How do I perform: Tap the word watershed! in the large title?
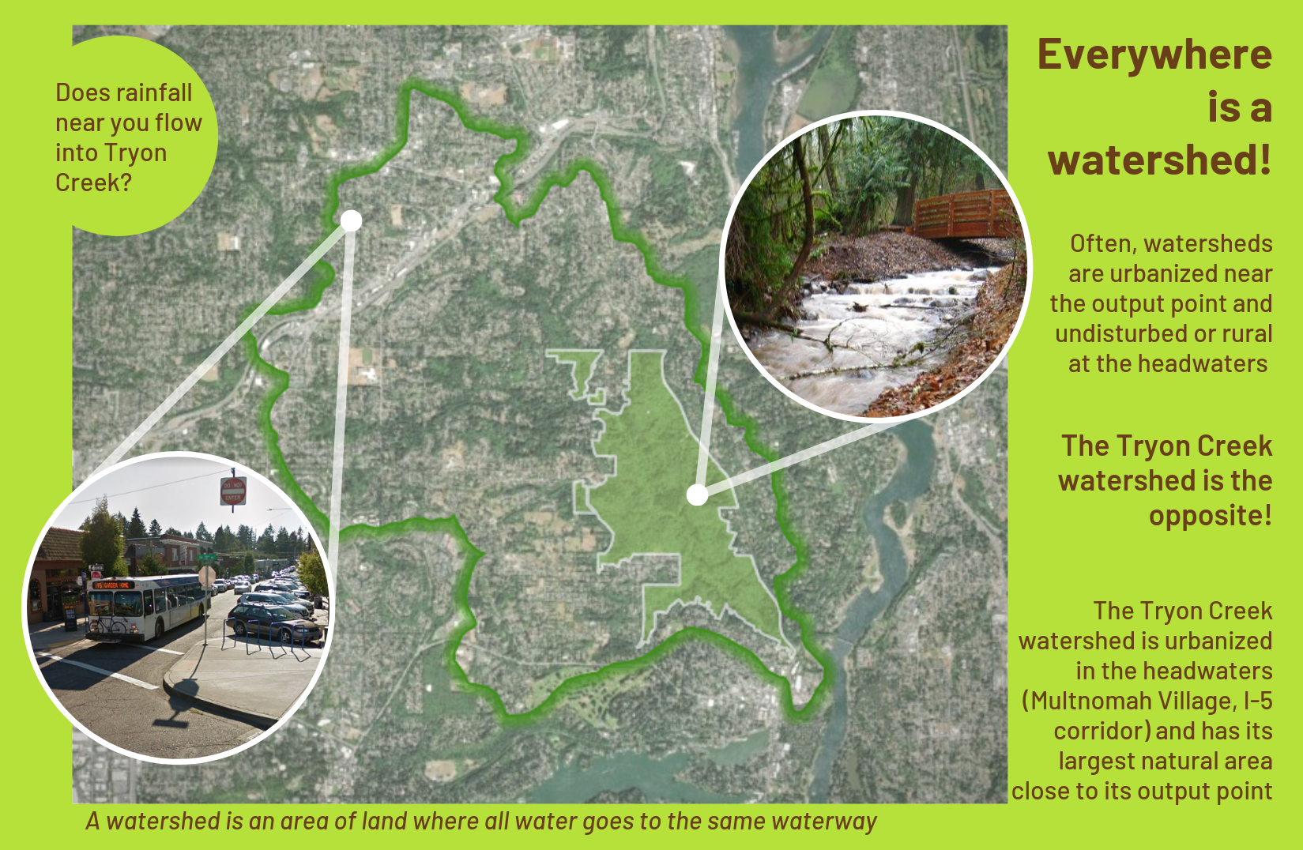pos(1160,160)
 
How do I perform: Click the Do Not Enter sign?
pos(232,491)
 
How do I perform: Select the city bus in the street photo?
pos(148,607)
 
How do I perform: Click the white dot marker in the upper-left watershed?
pos(351,221)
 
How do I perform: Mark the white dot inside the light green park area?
pos(697,495)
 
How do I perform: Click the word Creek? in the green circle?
pos(94,183)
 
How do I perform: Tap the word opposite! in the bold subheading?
pos(1211,517)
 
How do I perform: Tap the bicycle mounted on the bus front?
pos(110,625)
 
